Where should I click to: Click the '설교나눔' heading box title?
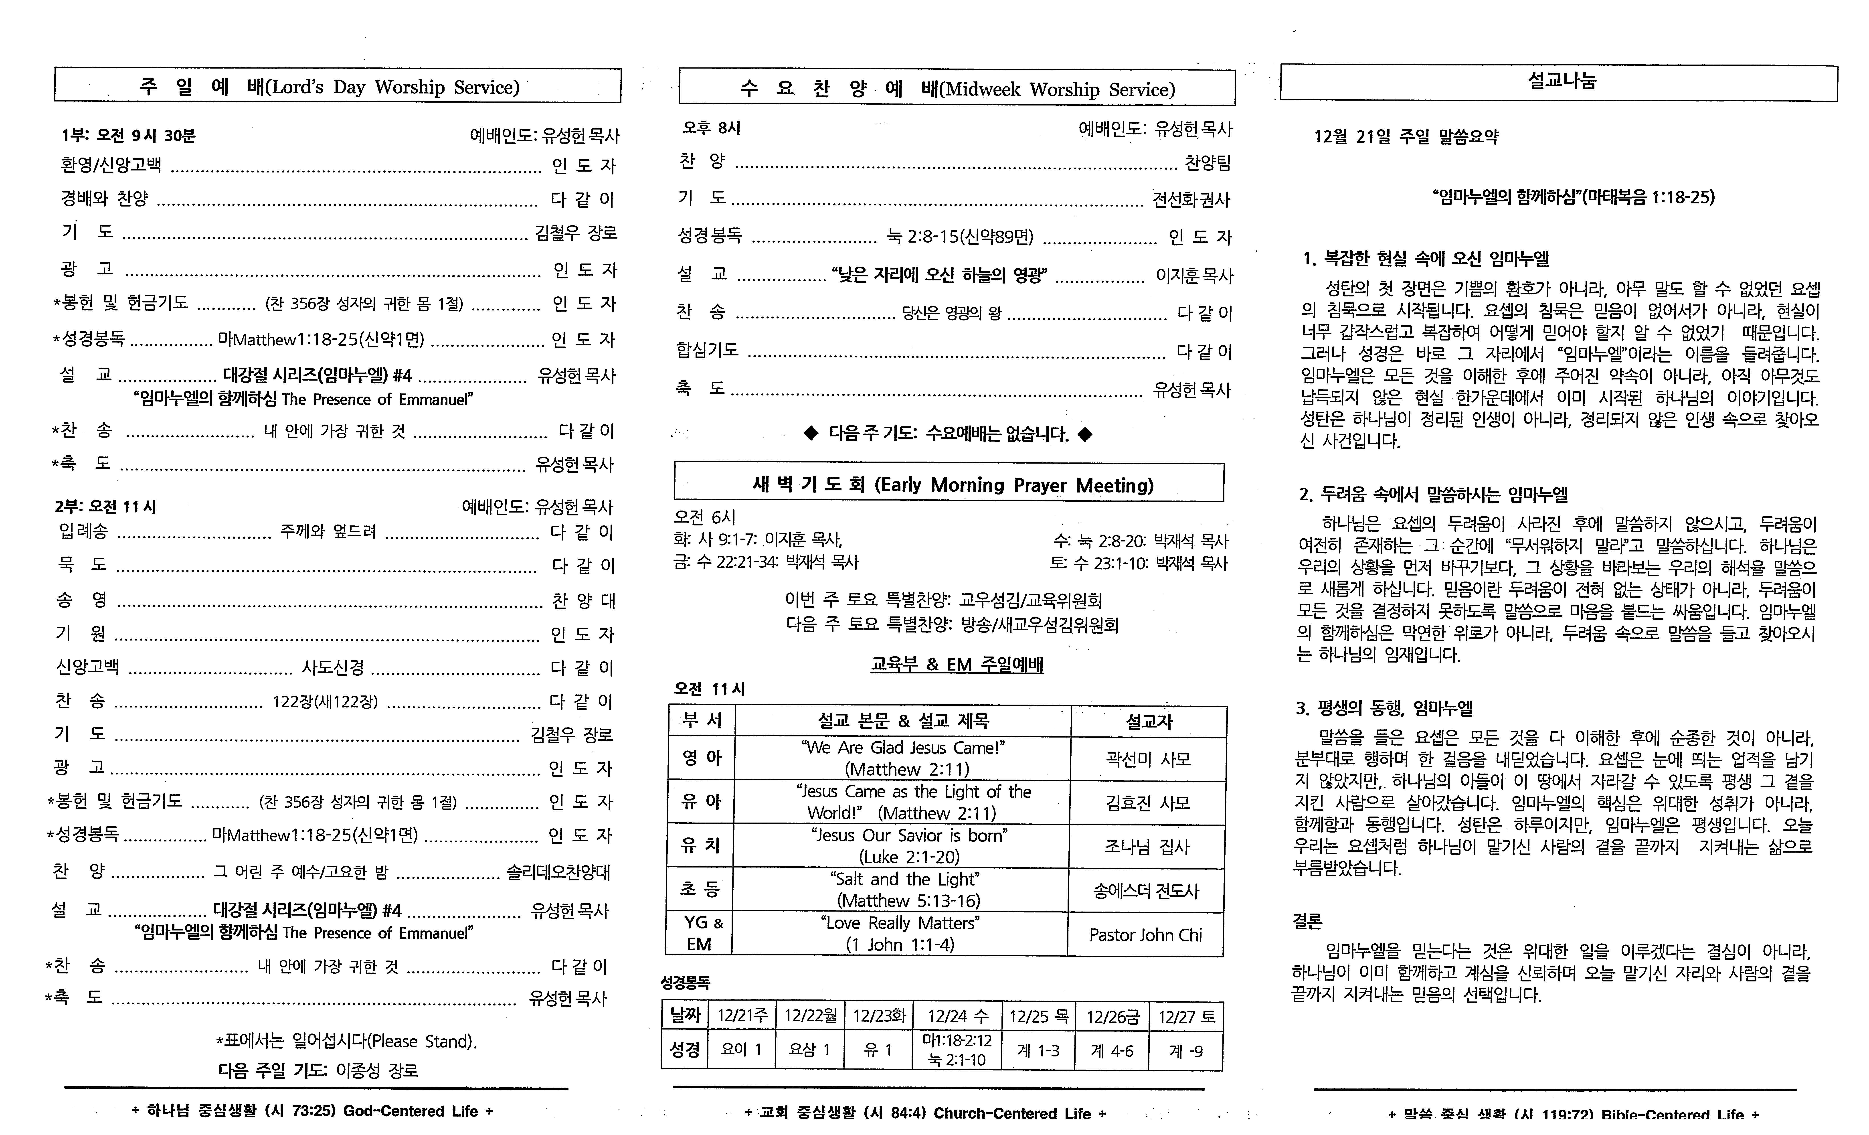pyautogui.click(x=1561, y=81)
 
